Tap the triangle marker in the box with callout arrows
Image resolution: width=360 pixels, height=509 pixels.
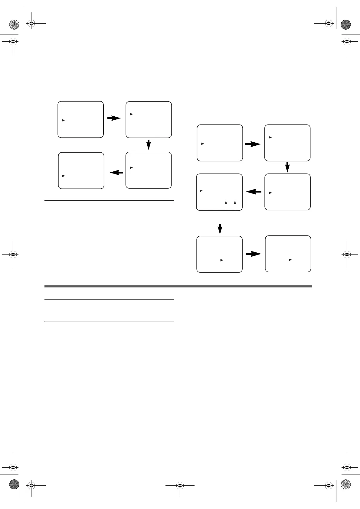[x=201, y=191]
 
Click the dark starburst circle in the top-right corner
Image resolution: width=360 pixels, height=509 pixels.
[x=346, y=24]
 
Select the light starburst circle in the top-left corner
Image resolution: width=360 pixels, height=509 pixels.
[x=14, y=24]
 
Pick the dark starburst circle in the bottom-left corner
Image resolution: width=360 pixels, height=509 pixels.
[x=14, y=485]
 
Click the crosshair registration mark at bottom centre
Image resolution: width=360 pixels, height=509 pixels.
[x=180, y=486]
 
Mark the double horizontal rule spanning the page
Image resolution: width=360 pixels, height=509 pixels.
[x=178, y=286]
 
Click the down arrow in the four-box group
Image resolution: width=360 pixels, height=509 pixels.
[x=149, y=144]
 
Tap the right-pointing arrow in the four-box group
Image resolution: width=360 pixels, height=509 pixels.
[x=114, y=118]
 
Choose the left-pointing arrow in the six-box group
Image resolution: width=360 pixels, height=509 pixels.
[x=254, y=192]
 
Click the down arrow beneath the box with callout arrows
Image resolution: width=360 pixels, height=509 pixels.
[x=220, y=229]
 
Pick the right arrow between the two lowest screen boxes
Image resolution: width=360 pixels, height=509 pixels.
[x=253, y=254]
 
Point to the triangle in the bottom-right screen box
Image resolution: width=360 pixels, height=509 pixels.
[x=290, y=260]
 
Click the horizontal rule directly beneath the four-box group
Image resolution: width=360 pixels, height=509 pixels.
[x=109, y=200]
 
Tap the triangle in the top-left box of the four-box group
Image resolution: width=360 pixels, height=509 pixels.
[x=64, y=120]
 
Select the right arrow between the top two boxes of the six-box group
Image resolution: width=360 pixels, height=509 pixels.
[x=253, y=144]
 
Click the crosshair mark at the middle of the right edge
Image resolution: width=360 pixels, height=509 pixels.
[x=347, y=254]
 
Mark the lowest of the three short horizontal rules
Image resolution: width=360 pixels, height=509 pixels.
[x=109, y=322]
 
